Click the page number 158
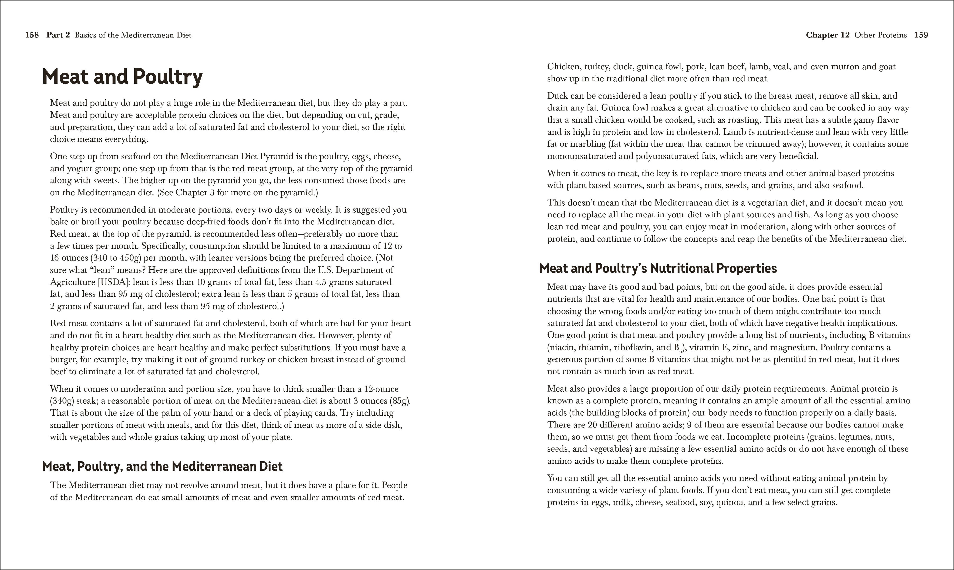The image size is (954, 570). point(32,35)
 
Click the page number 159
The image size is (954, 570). point(921,35)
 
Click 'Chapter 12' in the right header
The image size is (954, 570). point(827,35)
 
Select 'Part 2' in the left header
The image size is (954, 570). point(58,35)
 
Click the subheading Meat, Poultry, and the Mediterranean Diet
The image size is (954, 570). point(162,466)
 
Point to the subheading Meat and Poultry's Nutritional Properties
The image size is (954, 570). point(658,268)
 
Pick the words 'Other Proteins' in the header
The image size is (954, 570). point(880,35)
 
